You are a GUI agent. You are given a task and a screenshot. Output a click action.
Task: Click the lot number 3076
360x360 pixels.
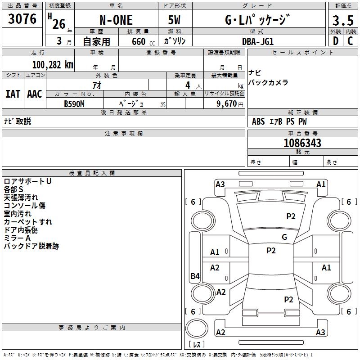(22, 19)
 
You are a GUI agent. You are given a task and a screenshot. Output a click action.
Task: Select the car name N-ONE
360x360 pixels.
(116, 20)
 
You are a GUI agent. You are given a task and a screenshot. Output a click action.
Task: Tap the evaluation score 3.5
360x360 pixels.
(342, 21)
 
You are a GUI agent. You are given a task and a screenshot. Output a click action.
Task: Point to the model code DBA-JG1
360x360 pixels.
(258, 41)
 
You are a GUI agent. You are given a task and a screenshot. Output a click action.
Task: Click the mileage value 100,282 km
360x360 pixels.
(53, 64)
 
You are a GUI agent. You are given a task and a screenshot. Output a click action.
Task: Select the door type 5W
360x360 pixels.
(175, 21)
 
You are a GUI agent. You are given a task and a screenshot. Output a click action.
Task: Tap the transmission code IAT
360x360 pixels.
(13, 94)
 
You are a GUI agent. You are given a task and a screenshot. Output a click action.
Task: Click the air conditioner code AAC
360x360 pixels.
(35, 94)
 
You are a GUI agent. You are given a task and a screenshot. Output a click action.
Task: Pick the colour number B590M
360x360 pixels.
(74, 103)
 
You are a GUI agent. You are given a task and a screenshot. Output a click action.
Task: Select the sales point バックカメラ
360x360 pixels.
(268, 83)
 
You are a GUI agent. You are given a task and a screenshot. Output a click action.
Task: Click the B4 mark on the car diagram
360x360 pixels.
(195, 276)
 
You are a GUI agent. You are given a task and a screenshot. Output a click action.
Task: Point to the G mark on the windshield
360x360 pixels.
(284, 237)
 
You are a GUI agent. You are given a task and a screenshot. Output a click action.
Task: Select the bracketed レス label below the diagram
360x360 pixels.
(198, 344)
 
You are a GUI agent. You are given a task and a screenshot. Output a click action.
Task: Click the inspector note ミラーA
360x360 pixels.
(17, 238)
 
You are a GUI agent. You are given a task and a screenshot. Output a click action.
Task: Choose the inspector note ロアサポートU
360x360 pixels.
(27, 181)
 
